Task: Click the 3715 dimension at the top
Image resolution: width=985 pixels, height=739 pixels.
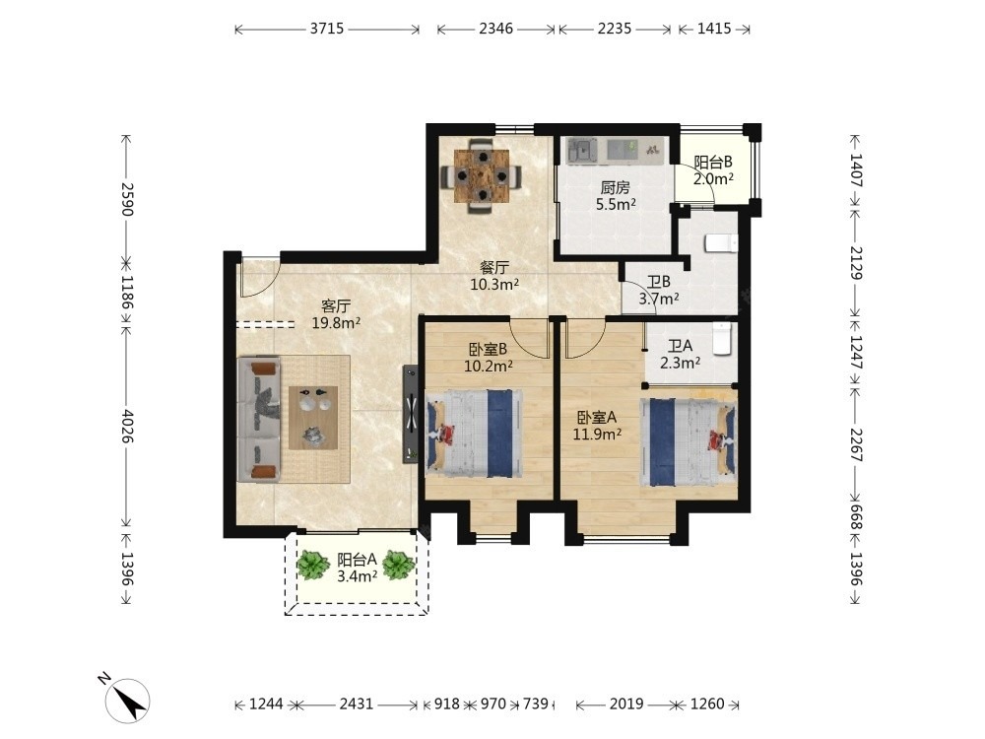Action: (x=327, y=29)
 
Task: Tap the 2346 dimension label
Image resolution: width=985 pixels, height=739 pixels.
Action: (x=495, y=29)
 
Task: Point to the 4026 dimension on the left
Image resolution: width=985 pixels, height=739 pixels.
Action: (x=127, y=426)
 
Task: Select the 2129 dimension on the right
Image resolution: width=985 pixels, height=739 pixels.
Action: (x=856, y=263)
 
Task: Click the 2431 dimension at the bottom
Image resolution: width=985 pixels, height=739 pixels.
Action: (x=357, y=705)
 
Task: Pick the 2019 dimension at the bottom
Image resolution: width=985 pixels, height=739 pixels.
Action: (x=625, y=705)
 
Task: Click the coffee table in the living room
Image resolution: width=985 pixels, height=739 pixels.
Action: (x=313, y=418)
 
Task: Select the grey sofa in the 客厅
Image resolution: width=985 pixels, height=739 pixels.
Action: (x=259, y=419)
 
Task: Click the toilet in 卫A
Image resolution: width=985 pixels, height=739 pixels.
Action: (x=722, y=338)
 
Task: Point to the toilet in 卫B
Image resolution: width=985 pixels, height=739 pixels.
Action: (x=721, y=242)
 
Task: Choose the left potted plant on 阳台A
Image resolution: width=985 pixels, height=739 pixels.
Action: (x=313, y=565)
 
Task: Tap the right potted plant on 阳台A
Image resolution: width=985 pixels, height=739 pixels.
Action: (x=398, y=565)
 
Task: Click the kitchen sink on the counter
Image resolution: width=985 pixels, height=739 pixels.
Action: (x=582, y=150)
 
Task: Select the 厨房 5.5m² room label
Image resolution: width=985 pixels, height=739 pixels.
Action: (x=616, y=195)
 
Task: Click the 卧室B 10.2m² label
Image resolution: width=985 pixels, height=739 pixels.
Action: (x=488, y=357)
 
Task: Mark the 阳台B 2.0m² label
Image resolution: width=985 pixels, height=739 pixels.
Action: (x=713, y=170)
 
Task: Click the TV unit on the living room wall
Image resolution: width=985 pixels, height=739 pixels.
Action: (x=411, y=415)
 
